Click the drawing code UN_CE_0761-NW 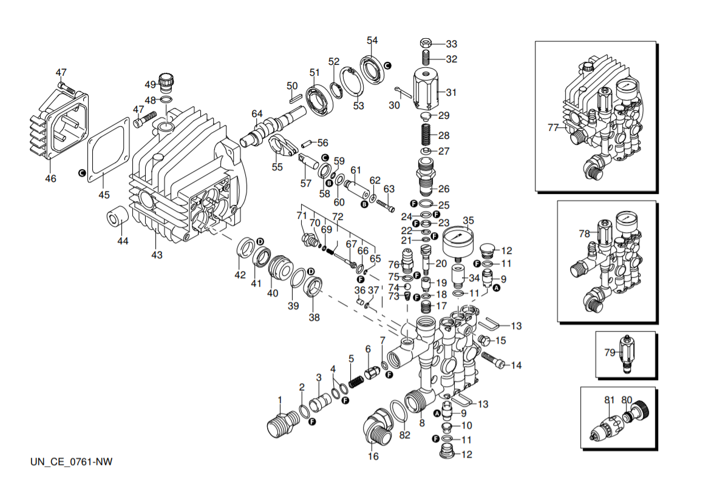[x=72, y=462]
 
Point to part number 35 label [x=468, y=219]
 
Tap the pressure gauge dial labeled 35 [x=459, y=239]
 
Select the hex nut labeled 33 [x=426, y=44]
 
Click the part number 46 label [x=50, y=179]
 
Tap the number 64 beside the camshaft [x=257, y=114]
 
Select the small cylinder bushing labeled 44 [x=118, y=216]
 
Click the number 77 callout [x=552, y=127]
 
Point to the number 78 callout [x=584, y=233]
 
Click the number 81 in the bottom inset [x=610, y=400]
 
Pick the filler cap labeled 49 [x=166, y=81]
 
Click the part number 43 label [x=157, y=255]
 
